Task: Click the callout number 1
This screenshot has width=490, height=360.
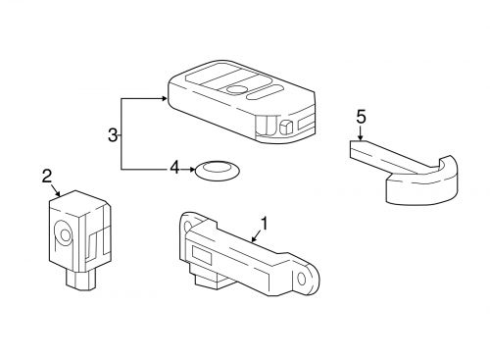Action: coord(264,224)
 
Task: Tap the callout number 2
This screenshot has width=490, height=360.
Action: coord(47,177)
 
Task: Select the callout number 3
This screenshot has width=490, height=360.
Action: coord(113,135)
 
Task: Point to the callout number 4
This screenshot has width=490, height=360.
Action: coord(174,169)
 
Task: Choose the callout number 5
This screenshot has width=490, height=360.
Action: coord(361,117)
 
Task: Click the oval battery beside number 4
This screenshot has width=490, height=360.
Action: coord(217,170)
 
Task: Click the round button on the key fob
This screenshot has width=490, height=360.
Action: coord(237,89)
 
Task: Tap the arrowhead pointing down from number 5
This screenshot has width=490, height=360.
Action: coord(360,137)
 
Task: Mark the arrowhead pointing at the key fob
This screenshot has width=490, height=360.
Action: coord(164,98)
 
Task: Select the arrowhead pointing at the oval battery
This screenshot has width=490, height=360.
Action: coord(192,170)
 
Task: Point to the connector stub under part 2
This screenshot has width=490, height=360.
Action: coord(81,280)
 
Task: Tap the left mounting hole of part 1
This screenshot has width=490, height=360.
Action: coord(187,227)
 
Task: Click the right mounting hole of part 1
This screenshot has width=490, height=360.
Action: coord(302,280)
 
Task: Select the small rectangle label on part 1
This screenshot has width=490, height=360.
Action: coord(202,254)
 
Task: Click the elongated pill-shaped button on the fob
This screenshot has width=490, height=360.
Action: coord(265,92)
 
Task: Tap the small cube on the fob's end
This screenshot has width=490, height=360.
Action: coord(285,127)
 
